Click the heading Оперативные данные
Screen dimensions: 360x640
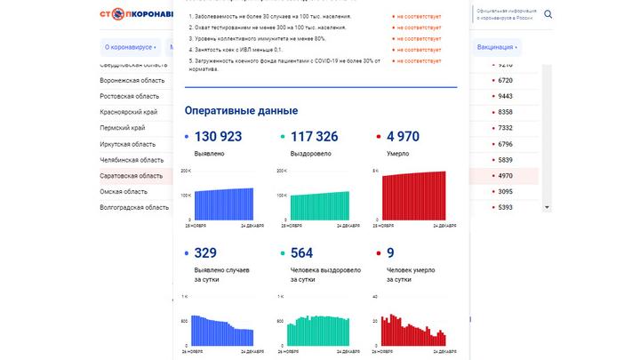pos(241,110)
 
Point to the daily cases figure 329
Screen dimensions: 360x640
pos(205,252)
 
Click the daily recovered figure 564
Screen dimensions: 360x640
pos(302,252)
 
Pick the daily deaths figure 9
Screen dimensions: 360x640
pos(391,252)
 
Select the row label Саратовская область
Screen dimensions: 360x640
pos(132,176)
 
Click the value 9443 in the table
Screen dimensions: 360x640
pos(505,96)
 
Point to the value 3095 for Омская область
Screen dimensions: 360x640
pos(505,192)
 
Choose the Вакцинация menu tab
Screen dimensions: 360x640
pos(498,46)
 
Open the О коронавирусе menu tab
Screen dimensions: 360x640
pos(130,46)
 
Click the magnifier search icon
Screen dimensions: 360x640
pos(548,14)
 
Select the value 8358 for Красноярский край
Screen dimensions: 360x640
pos(505,112)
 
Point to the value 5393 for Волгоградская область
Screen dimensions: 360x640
pos(505,208)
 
